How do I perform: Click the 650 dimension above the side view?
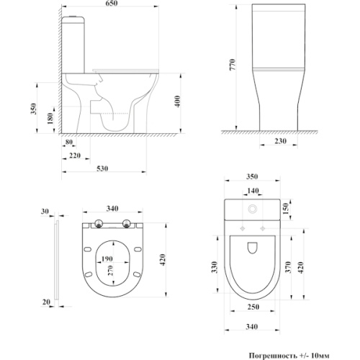pyautogui.click(x=112, y=4)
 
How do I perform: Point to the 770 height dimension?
pyautogui.click(x=233, y=64)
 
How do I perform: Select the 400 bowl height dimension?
pyautogui.click(x=177, y=102)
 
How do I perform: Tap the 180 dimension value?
pyautogui.click(x=50, y=118)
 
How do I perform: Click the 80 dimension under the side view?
pyautogui.click(x=69, y=142)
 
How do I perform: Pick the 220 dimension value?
pyautogui.click(x=75, y=156)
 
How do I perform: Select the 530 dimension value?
pyautogui.click(x=102, y=168)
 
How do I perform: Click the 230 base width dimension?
pyautogui.click(x=280, y=141)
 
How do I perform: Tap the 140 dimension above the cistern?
pyautogui.click(x=253, y=191)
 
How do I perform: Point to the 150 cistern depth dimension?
pyautogui.click(x=286, y=209)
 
